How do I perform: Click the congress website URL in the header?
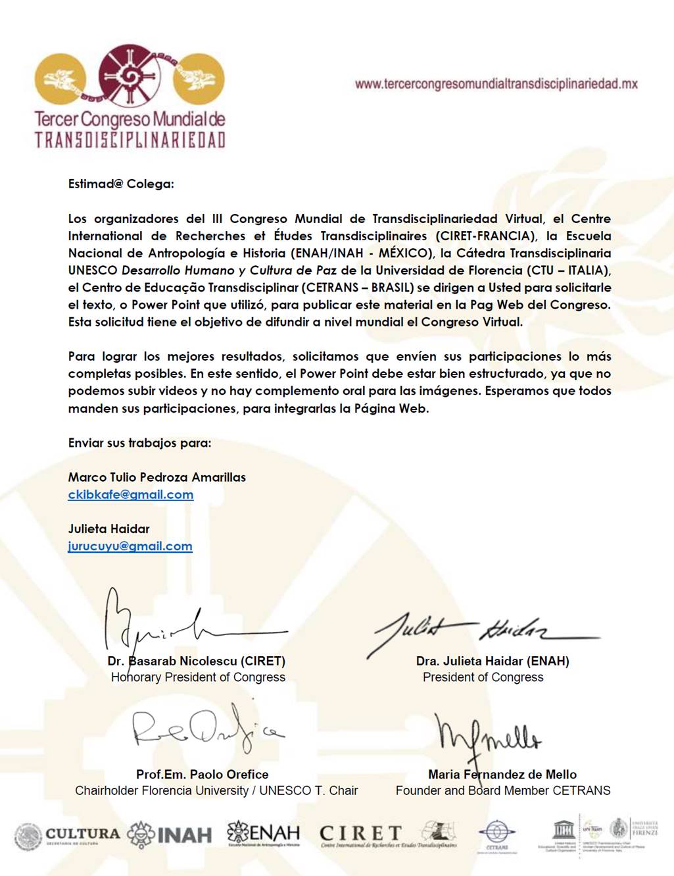pyautogui.click(x=496, y=84)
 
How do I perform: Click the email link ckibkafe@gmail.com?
pyautogui.click(x=130, y=495)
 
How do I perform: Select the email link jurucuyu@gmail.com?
pyautogui.click(x=130, y=546)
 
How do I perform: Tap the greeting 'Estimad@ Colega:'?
pyautogui.click(x=121, y=184)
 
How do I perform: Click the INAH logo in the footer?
pyautogui.click(x=170, y=835)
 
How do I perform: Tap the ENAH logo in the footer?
pyautogui.click(x=263, y=834)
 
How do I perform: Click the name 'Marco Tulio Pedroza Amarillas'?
pyautogui.click(x=156, y=477)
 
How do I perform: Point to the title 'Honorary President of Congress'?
pyautogui.click(x=198, y=677)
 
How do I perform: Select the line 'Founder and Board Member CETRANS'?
pyautogui.click(x=503, y=790)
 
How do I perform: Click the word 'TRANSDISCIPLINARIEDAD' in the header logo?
pyautogui.click(x=130, y=140)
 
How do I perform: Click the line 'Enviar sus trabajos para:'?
pyautogui.click(x=139, y=443)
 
